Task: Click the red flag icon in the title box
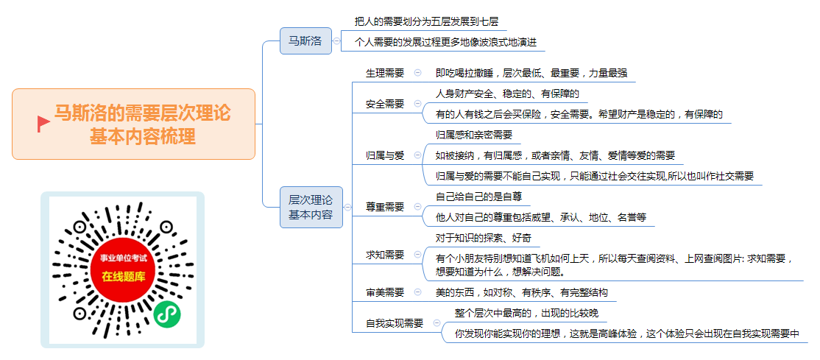tap(43, 124)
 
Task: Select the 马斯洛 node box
tap(306, 40)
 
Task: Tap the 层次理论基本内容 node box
tap(311, 207)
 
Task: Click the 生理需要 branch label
tap(385, 74)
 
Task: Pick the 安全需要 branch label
tap(385, 104)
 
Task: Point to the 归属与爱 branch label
tap(385, 155)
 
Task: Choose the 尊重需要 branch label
tap(385, 207)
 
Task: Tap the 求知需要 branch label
tap(385, 255)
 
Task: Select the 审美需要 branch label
tap(385, 292)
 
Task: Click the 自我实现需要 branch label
tap(395, 323)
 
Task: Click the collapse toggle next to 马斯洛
tap(337, 40)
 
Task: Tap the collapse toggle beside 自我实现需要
tap(436, 323)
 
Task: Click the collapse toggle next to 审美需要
tap(417, 292)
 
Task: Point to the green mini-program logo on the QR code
tap(167, 314)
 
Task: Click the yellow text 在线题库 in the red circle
tap(123, 277)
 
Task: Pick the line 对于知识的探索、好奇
tap(484, 239)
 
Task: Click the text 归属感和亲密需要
tap(474, 135)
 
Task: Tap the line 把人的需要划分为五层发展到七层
tap(426, 21)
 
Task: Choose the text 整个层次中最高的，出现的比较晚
tap(526, 313)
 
